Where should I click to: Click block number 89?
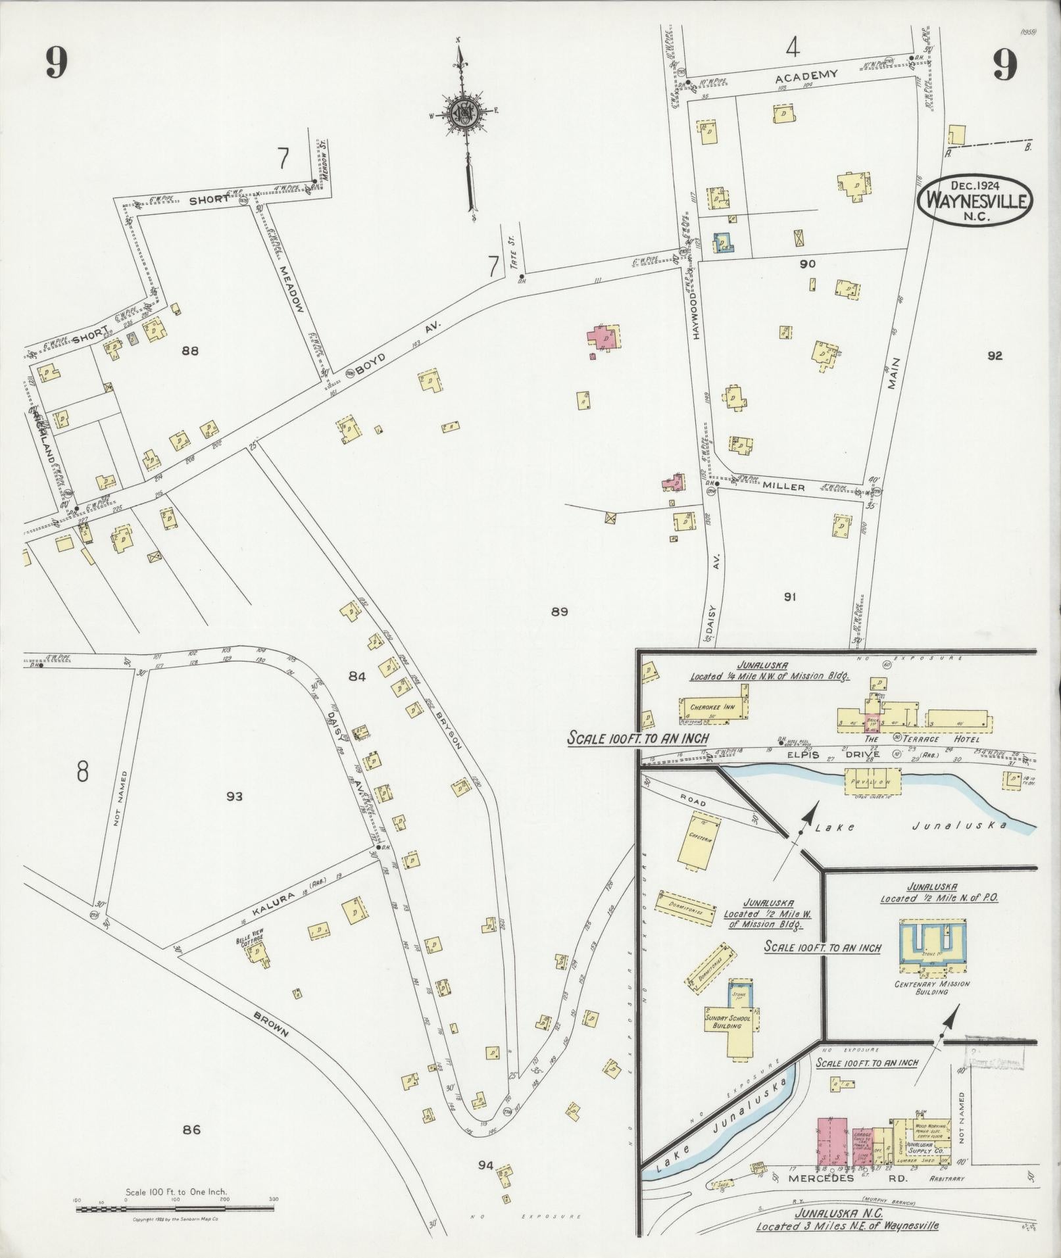559,612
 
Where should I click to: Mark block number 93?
234,796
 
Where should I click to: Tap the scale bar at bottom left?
176,1209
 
